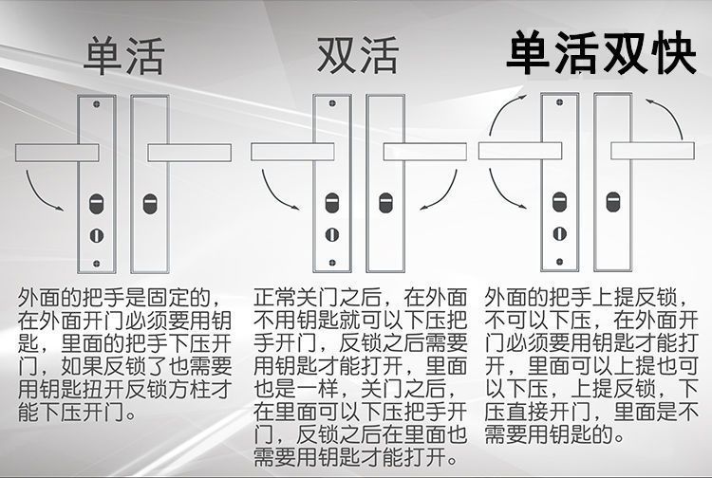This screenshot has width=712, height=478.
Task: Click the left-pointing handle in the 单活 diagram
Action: point(57,152)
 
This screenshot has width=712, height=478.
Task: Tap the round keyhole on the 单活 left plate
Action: point(94,235)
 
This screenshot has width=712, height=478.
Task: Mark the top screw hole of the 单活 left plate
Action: point(94,104)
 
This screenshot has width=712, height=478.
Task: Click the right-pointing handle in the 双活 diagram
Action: point(421,152)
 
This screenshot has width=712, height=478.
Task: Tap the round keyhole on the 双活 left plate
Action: point(330,235)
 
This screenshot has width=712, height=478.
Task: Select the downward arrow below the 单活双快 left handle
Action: point(503,190)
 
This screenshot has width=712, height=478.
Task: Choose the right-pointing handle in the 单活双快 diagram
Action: point(650,152)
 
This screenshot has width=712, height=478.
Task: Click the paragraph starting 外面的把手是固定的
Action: point(124,357)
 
